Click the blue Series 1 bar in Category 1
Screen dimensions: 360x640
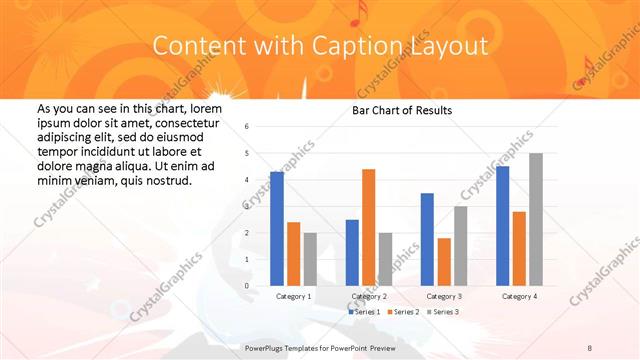tap(277, 229)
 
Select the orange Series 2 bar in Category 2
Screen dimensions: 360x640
tap(368, 227)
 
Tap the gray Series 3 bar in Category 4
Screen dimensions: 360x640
tap(535, 219)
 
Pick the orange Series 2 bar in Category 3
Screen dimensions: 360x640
tap(443, 262)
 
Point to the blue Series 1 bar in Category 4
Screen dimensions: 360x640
tap(502, 226)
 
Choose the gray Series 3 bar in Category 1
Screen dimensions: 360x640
tap(309, 259)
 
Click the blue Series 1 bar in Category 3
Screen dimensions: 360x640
tap(427, 239)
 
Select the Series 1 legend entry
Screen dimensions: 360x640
tap(364, 312)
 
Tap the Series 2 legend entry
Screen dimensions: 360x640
tap(403, 312)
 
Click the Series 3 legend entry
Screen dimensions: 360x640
tap(443, 312)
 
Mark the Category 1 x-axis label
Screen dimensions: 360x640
tap(293, 297)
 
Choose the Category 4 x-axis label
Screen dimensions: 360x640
tap(518, 297)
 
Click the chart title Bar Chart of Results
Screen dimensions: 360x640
tap(402, 110)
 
